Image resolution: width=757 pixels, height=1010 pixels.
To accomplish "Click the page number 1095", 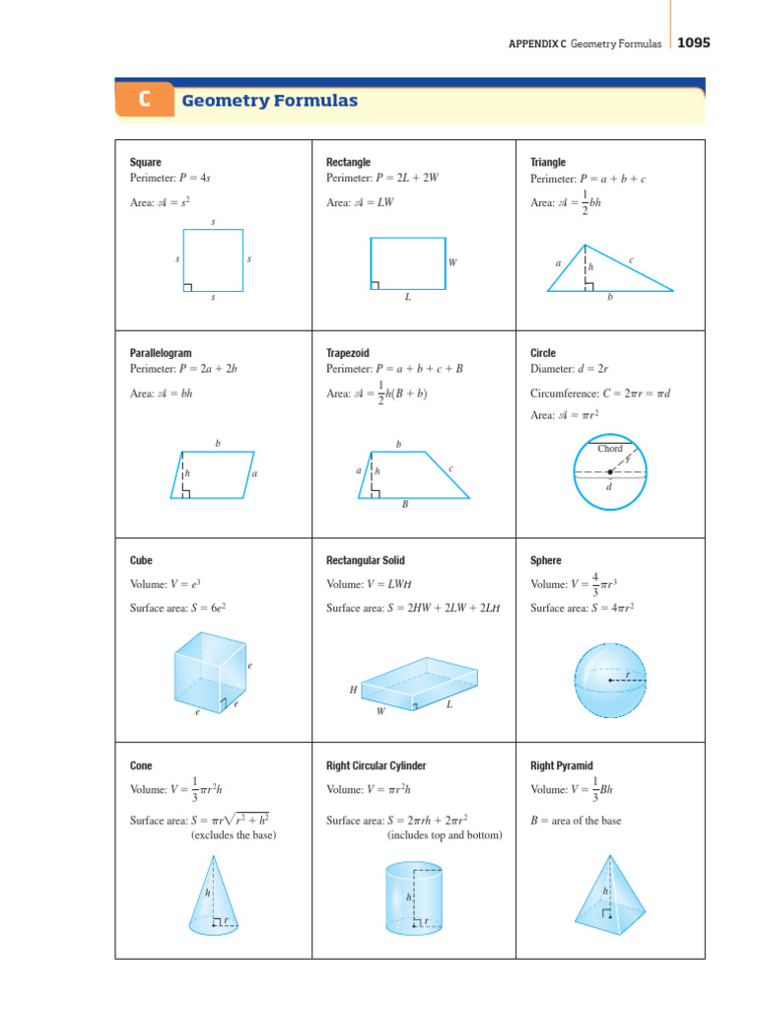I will coord(693,42).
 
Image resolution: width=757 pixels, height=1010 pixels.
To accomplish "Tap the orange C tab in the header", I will coord(144,101).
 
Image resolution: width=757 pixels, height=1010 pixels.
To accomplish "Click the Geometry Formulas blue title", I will coord(268,101).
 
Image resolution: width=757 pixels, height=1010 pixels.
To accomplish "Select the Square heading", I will coord(146,162).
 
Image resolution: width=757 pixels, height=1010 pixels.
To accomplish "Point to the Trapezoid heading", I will coord(346,352).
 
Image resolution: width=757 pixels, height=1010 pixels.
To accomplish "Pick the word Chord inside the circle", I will coord(610,449).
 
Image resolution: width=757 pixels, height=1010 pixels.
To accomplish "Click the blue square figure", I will coord(213,260).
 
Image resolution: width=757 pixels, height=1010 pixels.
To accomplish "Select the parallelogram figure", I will coord(213,474).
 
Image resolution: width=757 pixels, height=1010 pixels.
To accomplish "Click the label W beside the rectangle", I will coord(452,263).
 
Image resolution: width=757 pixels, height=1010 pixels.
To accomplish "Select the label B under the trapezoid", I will coord(404,504).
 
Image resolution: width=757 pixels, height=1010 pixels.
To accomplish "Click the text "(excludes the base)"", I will coord(234,835).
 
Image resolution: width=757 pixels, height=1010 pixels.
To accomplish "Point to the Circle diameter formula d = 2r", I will coord(577,369).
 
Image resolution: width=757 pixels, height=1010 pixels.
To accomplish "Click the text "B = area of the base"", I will coord(576,821).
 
